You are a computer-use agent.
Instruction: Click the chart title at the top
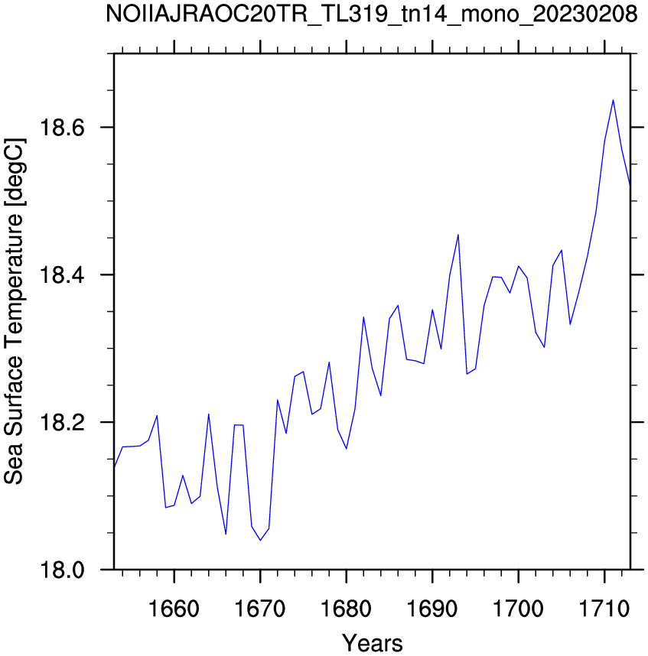tap(372, 15)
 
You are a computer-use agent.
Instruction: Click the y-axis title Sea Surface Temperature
tap(15, 311)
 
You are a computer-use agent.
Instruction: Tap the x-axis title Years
tap(372, 643)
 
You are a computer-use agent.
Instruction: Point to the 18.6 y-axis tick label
tap(56, 127)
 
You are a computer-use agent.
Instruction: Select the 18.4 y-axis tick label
tap(56, 275)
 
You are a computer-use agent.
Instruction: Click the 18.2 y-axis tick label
tap(56, 423)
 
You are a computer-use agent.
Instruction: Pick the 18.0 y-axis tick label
tap(56, 570)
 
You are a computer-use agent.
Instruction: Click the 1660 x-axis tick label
tap(174, 609)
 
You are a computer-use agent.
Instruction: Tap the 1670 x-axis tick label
tap(260, 609)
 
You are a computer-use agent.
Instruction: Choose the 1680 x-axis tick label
tap(346, 609)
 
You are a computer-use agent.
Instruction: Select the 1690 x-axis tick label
tap(432, 609)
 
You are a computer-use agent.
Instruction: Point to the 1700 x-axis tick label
tap(518, 609)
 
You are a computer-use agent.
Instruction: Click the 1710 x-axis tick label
tap(604, 609)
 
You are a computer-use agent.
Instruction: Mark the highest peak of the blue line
tap(613, 100)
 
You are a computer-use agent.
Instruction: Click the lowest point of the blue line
tap(260, 540)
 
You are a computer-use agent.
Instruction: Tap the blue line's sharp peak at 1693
tap(458, 235)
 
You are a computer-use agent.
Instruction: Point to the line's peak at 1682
tap(363, 317)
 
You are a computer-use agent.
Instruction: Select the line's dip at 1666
tap(226, 534)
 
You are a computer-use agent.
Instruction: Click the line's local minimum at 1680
tap(346, 449)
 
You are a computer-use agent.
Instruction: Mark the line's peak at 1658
tap(157, 415)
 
